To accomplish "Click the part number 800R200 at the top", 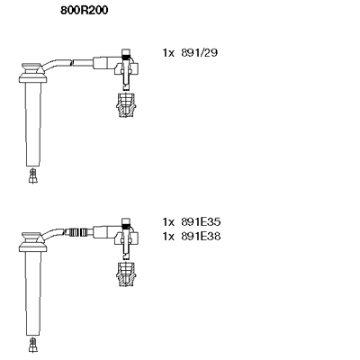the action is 85,11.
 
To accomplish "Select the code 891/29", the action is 199,53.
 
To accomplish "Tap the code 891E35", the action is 201,222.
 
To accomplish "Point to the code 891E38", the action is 201,237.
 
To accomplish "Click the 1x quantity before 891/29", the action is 168,53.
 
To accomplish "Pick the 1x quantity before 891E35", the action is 168,222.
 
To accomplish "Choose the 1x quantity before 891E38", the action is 168,237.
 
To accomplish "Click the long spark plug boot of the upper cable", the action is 33,124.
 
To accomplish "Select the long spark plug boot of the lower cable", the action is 33,293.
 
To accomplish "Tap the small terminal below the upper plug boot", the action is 33,176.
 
